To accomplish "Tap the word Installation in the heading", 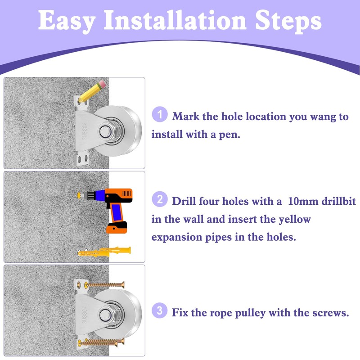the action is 175,20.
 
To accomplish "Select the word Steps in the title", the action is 288,22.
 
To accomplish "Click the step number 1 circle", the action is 160,114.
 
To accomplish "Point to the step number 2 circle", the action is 160,199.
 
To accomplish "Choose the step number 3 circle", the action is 160,310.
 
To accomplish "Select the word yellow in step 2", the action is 295,220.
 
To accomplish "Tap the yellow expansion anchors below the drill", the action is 104,252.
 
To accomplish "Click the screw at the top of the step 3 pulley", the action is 104,285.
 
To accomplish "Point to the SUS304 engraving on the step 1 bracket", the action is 85,131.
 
